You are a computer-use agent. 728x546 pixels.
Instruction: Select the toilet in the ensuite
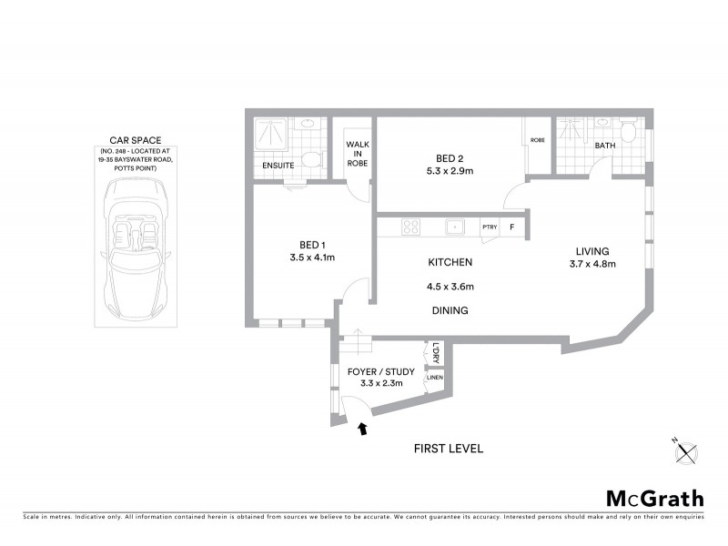click(311, 160)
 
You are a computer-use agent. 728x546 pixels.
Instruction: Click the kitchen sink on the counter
click(455, 227)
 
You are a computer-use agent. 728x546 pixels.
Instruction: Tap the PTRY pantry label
click(490, 227)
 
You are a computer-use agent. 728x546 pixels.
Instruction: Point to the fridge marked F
click(512, 227)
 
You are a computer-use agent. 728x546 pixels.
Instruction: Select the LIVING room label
click(591, 251)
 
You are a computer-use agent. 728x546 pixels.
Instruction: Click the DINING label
click(450, 310)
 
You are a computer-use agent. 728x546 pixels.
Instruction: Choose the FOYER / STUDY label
click(381, 371)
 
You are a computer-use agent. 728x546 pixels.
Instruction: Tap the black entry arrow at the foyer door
click(365, 427)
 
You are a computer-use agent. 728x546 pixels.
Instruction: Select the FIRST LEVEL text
click(448, 449)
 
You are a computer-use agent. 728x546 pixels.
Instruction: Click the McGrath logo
click(654, 498)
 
